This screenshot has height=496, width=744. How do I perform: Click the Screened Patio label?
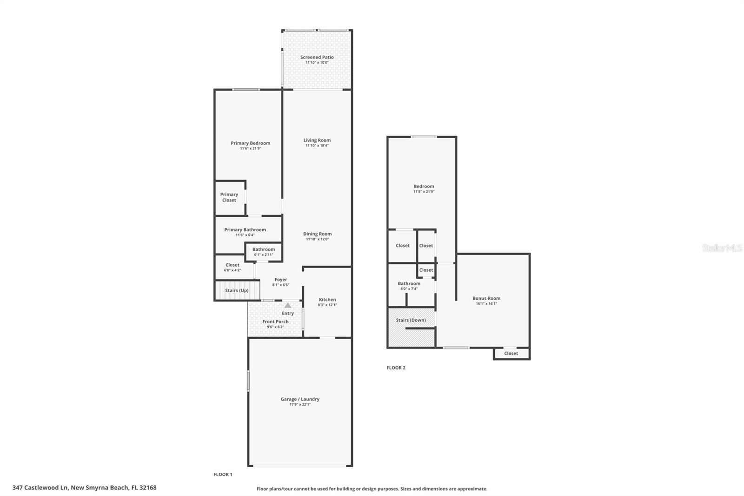pyautogui.click(x=317, y=57)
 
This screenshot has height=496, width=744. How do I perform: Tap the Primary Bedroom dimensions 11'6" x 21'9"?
pyautogui.click(x=250, y=148)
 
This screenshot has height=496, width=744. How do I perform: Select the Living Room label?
pyautogui.click(x=317, y=140)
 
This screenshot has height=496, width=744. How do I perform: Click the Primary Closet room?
pyautogui.click(x=229, y=197)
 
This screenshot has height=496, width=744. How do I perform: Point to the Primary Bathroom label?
pyautogui.click(x=245, y=229)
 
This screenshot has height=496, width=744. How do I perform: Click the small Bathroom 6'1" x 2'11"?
pyautogui.click(x=264, y=252)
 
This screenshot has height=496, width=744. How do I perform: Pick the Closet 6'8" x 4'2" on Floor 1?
pyautogui.click(x=232, y=267)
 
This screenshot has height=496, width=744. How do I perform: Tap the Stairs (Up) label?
pyautogui.click(x=237, y=290)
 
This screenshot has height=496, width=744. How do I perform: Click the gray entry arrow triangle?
pyautogui.click(x=288, y=305)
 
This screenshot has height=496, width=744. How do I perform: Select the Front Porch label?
pyautogui.click(x=275, y=322)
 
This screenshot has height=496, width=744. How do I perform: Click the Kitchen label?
pyautogui.click(x=327, y=300)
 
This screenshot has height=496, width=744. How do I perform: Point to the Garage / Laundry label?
pyautogui.click(x=300, y=399)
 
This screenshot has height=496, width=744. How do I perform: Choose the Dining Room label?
pyautogui.click(x=317, y=234)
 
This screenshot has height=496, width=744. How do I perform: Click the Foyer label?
pyautogui.click(x=281, y=280)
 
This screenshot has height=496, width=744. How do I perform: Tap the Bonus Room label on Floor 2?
pyautogui.click(x=486, y=298)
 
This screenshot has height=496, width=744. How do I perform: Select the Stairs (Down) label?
pyautogui.click(x=411, y=320)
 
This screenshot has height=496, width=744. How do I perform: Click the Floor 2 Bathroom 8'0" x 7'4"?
pyautogui.click(x=409, y=286)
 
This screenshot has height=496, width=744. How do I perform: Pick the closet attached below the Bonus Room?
pyautogui.click(x=511, y=353)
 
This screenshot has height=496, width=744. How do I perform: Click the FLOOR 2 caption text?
pyautogui.click(x=396, y=368)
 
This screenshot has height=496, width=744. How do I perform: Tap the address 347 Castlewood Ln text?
pyautogui.click(x=41, y=488)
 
